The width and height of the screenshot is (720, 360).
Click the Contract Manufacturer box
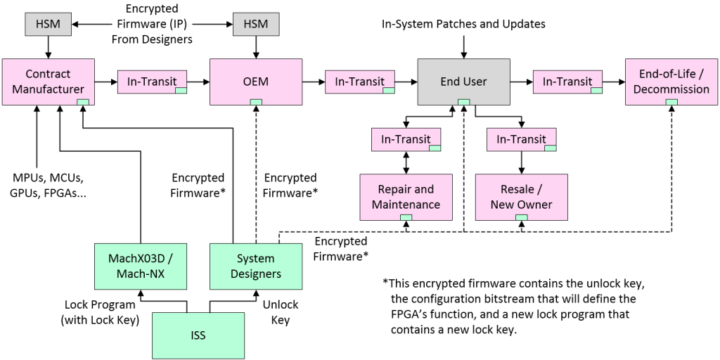pyautogui.click(x=48, y=82)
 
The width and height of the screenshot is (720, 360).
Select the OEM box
pyautogui.click(x=256, y=82)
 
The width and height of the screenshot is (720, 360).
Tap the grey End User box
pyautogui.click(x=463, y=82)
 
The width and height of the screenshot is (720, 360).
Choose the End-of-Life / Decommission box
pyautogui.click(x=671, y=82)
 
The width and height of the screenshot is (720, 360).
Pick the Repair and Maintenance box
pyautogui.click(x=406, y=197)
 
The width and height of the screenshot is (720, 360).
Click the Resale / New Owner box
pyautogui.click(x=521, y=197)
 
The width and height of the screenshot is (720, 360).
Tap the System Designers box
pyautogui.click(x=255, y=266)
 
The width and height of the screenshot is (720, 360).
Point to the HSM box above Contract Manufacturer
pyautogui.click(x=48, y=25)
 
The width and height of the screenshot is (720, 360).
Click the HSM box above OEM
pyautogui.click(x=256, y=25)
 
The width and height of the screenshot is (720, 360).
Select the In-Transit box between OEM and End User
pyautogui.click(x=360, y=82)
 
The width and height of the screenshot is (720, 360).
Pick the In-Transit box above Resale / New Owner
pyautogui.click(x=521, y=139)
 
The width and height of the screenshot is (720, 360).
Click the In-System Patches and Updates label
pyautogui.click(x=463, y=24)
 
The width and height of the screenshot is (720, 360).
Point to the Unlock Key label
pyautogui.click(x=281, y=312)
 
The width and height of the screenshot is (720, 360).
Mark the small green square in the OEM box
pyautogui.click(x=256, y=103)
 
